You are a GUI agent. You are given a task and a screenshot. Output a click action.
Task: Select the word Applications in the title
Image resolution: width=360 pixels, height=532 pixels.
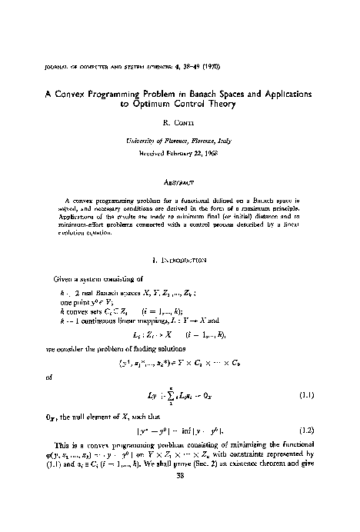(x=281, y=93)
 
